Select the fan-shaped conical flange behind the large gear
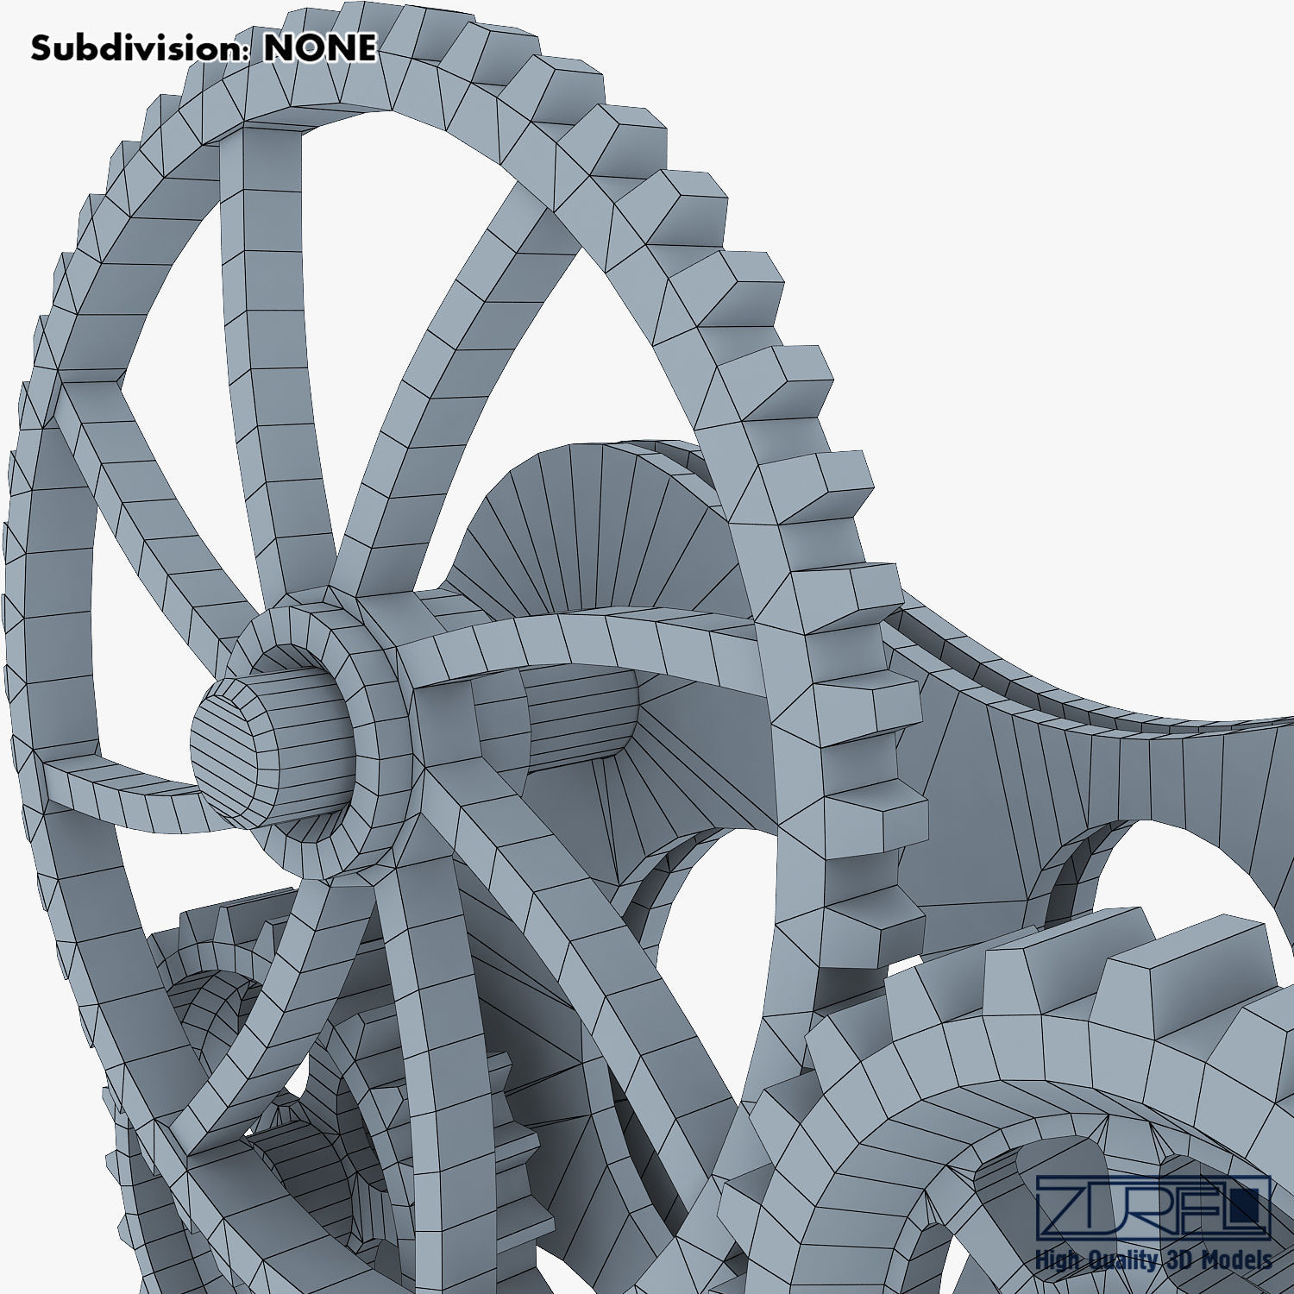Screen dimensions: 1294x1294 tap(595, 526)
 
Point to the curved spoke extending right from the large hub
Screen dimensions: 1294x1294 tap(604, 634)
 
